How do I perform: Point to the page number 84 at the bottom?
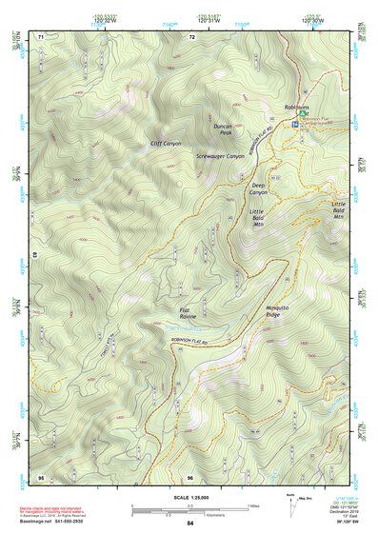pyautogui.click(x=189, y=524)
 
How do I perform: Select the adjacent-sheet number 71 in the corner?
pyautogui.click(x=41, y=36)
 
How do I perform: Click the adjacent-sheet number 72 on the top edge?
pyautogui.click(x=191, y=36)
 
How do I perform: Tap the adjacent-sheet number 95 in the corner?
pyautogui.click(x=41, y=476)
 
